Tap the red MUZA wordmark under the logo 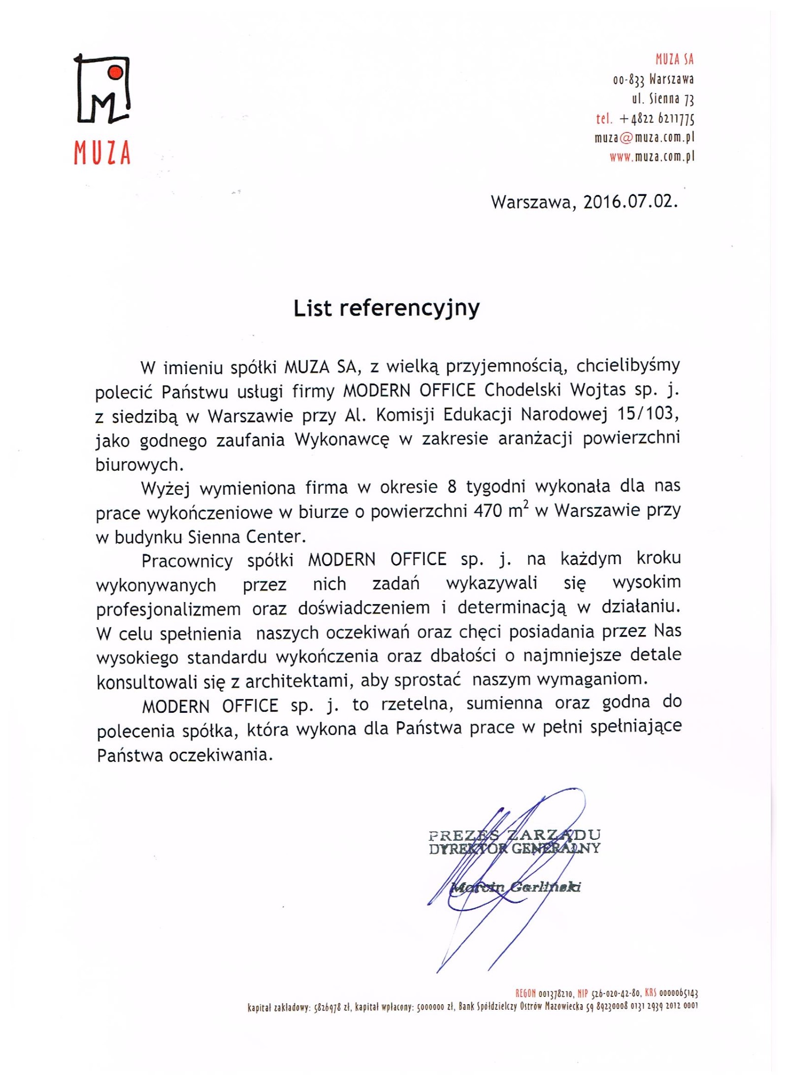pyautogui.click(x=102, y=153)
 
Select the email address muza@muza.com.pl pyautogui.click(x=644, y=138)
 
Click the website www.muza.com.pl pyautogui.click(x=652, y=157)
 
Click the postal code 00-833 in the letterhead pyautogui.click(x=628, y=80)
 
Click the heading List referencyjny pyautogui.click(x=387, y=309)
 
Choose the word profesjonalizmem pyautogui.click(x=168, y=609)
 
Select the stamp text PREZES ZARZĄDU pyautogui.click(x=514, y=835)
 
